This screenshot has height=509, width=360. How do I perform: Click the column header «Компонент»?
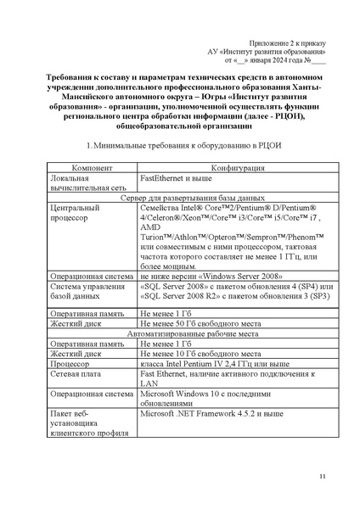92,169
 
